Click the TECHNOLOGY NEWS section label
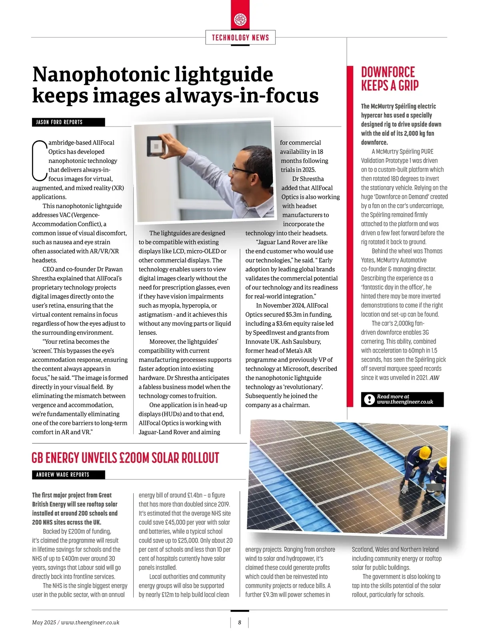240,38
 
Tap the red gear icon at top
240,19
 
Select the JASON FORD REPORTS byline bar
68,122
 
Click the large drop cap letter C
39,160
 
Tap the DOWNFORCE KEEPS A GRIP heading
390,79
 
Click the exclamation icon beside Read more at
368,399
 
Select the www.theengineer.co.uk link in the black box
405,402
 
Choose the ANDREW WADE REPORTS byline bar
68,475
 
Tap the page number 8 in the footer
240,622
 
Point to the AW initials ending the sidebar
434,378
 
